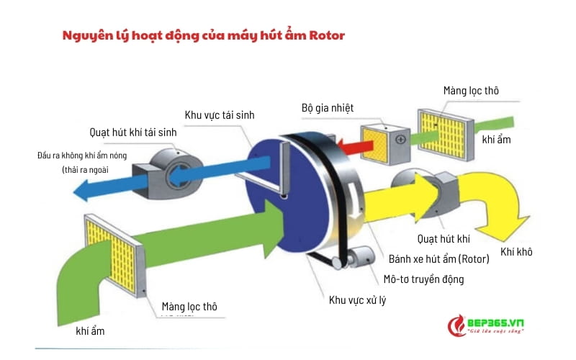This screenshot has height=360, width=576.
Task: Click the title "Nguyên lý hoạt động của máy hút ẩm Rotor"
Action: [204, 35]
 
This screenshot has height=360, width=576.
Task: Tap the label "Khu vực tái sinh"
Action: [220, 114]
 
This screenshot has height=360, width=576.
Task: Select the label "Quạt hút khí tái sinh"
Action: [132, 132]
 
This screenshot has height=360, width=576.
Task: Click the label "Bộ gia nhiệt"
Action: [328, 108]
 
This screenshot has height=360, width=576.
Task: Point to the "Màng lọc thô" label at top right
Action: [470, 90]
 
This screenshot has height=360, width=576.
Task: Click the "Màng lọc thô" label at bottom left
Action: [188, 307]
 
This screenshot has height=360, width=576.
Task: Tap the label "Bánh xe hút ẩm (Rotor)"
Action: [439, 258]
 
